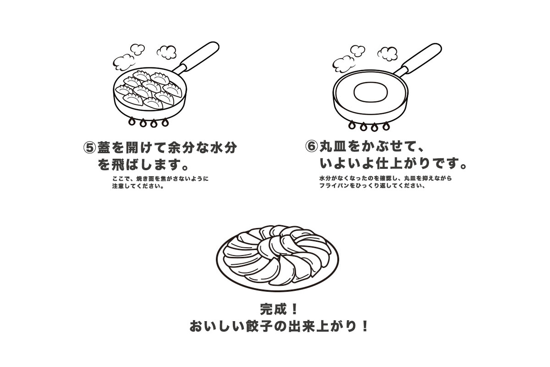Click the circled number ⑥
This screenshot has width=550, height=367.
coord(311,146)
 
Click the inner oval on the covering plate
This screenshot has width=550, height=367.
coord(371,92)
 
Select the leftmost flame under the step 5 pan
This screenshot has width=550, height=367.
coord(132,122)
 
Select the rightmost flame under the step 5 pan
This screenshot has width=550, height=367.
coord(165,122)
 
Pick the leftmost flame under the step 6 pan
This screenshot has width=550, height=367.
coord(352,125)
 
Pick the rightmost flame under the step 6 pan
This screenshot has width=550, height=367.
coord(386,126)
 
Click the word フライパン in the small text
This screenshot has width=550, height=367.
coord(334,186)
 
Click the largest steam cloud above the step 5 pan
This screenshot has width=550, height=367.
coord(123,62)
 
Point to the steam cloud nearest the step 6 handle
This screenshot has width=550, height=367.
coord(388,54)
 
